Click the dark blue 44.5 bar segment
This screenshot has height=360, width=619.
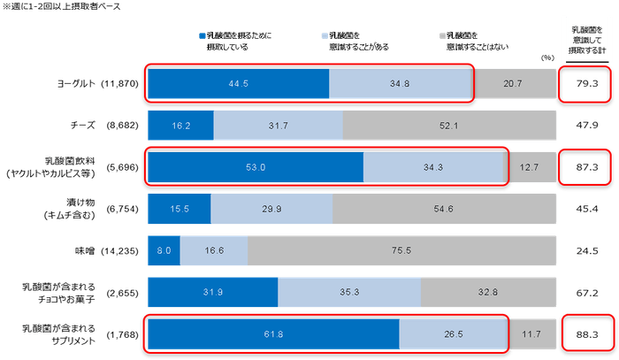click(x=237, y=82)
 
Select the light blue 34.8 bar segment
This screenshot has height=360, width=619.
click(x=400, y=82)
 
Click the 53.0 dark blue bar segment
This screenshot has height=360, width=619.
click(x=255, y=167)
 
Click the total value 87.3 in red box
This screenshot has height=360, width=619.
click(x=587, y=167)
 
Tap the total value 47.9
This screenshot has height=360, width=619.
click(x=587, y=125)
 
